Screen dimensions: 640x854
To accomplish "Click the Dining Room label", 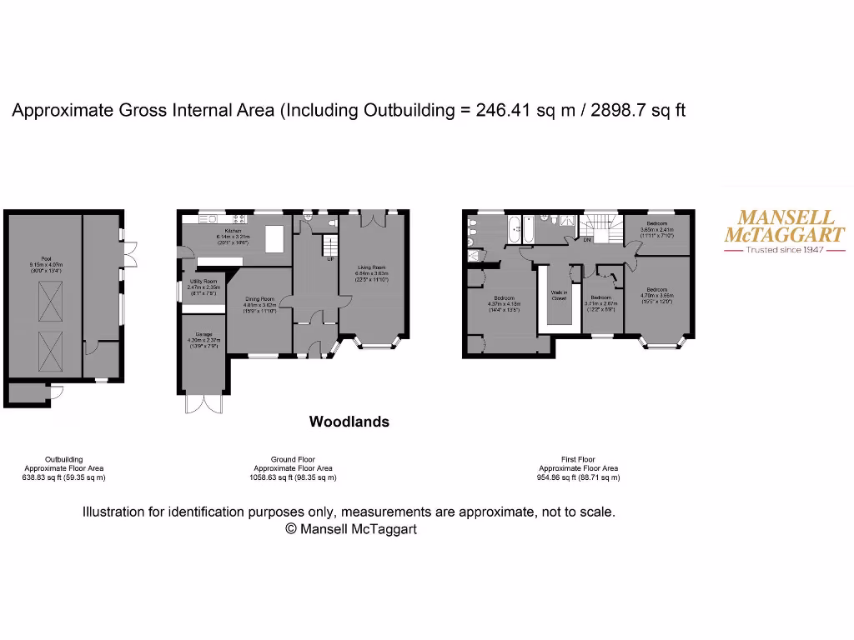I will pyautogui.click(x=259, y=299).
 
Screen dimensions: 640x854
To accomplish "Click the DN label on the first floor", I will pyautogui.click(x=587, y=240).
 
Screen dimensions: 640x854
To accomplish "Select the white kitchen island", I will pyautogui.click(x=274, y=238).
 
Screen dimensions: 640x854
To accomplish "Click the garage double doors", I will pyautogui.click(x=204, y=403).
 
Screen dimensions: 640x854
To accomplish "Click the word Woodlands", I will pyautogui.click(x=349, y=422).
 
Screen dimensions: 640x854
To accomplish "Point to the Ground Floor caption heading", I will pyautogui.click(x=293, y=459).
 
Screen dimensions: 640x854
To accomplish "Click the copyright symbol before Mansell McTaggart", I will pyautogui.click(x=291, y=528).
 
